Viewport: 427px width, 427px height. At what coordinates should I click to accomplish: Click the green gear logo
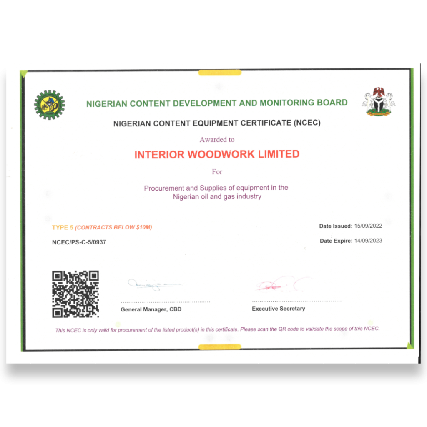click(x=50, y=105)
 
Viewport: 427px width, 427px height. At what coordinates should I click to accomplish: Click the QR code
click(x=75, y=294)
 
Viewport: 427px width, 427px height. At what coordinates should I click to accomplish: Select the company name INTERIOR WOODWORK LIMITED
click(x=217, y=154)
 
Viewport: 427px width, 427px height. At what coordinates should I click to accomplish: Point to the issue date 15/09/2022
click(x=368, y=226)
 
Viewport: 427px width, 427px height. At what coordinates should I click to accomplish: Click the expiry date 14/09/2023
click(x=368, y=241)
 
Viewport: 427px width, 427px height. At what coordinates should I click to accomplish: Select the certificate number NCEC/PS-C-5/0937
click(x=79, y=242)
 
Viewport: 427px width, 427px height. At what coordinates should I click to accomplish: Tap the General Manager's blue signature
click(x=152, y=285)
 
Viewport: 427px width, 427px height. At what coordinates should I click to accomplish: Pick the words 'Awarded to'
click(x=217, y=139)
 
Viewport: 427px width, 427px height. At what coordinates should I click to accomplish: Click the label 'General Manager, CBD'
click(x=151, y=309)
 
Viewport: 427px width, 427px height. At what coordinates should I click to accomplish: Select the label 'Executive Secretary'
click(x=279, y=309)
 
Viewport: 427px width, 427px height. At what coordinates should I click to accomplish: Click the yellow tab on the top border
click(x=220, y=73)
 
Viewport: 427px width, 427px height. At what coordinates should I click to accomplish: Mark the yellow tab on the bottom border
click(x=220, y=347)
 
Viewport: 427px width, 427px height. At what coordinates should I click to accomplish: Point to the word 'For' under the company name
click(x=217, y=171)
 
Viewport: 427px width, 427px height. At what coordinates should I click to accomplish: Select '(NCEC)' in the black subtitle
click(x=307, y=123)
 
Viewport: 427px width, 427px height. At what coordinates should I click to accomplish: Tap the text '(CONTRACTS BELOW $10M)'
click(x=114, y=227)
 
